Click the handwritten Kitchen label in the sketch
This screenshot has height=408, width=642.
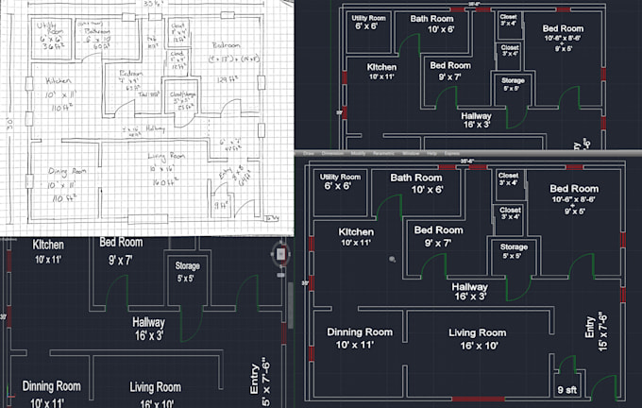[x=61, y=78]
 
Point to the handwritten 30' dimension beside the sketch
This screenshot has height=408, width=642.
[x=7, y=124]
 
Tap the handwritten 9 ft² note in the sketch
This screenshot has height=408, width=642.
[x=220, y=201]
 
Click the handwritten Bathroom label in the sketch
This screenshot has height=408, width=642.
[x=99, y=31]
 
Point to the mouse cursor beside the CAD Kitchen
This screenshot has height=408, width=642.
[x=391, y=258]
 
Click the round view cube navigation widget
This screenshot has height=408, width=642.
[x=279, y=253]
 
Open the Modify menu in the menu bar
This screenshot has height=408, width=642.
[x=358, y=152]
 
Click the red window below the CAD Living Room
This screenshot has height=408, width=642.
[x=477, y=399]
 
